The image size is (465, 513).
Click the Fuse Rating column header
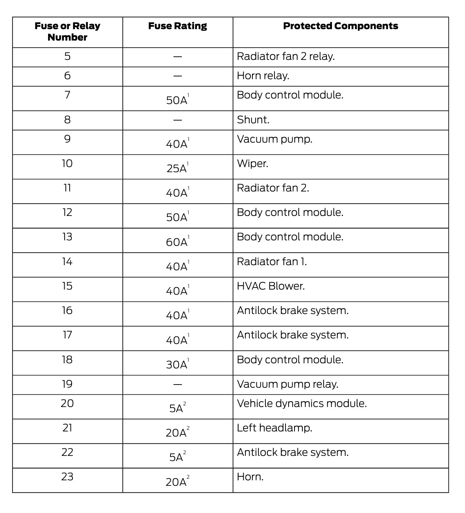178,26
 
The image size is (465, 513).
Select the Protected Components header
341,26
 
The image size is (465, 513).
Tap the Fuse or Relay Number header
67,32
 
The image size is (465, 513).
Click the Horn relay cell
263,76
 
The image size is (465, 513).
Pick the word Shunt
253,120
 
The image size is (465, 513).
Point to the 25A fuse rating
177,168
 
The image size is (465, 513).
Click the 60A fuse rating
177,242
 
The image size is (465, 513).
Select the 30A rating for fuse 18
177,364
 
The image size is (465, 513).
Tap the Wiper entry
252,164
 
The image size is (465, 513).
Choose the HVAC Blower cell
271,286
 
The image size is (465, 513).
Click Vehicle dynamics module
302,403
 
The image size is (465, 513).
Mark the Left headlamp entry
274,428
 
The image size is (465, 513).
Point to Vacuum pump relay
287,384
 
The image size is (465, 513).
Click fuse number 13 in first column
67,237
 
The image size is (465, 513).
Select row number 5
67,56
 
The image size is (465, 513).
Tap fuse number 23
67,477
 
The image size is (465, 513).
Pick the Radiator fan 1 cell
272,262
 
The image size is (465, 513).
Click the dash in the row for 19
178,384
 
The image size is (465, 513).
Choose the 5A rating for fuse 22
177,457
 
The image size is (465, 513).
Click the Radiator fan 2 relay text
285,56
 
